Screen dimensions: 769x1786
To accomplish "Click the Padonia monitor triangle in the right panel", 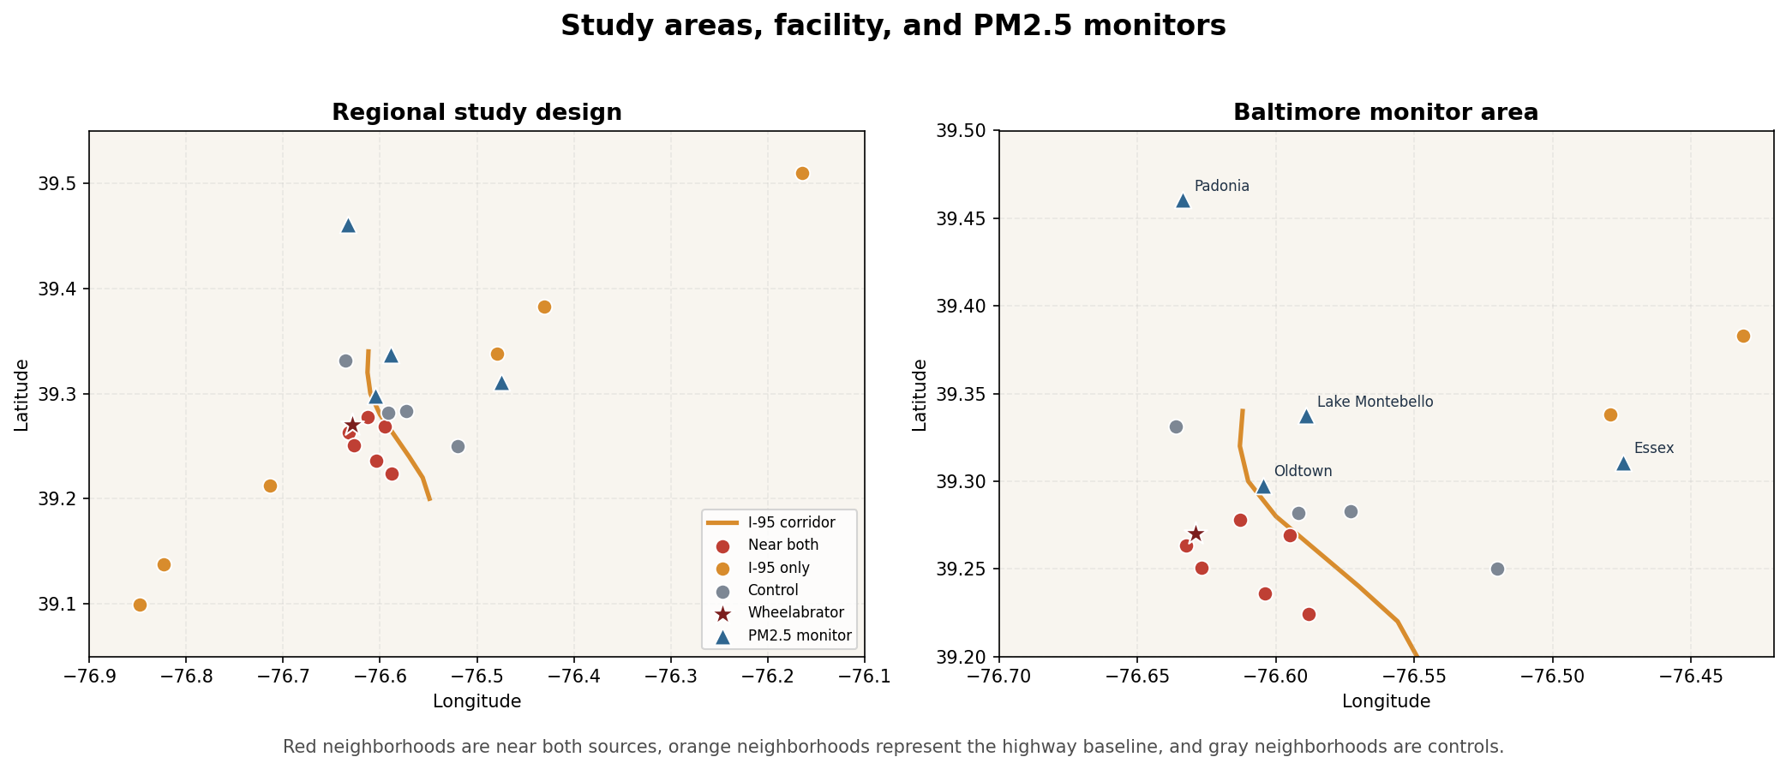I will click(1183, 200).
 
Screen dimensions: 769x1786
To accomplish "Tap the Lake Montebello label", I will click(1375, 402).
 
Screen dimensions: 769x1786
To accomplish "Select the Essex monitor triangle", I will click(1623, 463).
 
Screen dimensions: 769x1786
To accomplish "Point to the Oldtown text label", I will click(1303, 471).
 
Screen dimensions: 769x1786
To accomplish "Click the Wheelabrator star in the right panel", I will click(1196, 534).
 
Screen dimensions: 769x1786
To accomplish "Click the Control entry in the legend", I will click(772, 590).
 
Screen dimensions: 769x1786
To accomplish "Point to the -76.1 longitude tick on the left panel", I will click(864, 676).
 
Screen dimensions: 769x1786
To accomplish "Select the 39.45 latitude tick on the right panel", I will click(965, 218).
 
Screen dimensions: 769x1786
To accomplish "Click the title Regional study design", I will click(476, 112).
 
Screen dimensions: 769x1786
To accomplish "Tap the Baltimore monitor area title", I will click(1386, 112).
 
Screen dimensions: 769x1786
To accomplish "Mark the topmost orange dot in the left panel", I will click(802, 173).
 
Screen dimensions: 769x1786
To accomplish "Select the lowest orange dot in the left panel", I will click(140, 605).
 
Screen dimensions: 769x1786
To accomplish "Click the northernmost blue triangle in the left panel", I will click(348, 225).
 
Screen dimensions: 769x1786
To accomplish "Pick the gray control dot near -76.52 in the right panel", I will click(1497, 569).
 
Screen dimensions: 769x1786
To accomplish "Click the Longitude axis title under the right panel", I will click(1386, 701).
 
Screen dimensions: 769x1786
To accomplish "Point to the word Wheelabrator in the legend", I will click(795, 612).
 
